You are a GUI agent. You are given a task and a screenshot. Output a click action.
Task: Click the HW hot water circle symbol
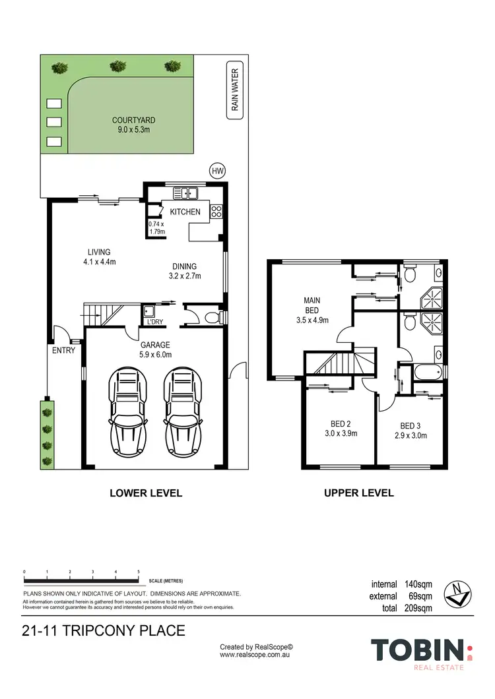click(x=217, y=170)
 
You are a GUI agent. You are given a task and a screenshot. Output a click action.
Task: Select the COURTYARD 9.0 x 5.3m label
click(x=133, y=125)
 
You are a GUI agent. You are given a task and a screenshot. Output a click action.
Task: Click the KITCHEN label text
click(x=185, y=212)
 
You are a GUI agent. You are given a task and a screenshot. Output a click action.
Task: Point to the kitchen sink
click(x=186, y=193)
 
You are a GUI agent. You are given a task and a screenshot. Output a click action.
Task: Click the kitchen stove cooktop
click(x=216, y=212)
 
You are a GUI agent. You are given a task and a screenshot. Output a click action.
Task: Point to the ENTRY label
click(x=64, y=350)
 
